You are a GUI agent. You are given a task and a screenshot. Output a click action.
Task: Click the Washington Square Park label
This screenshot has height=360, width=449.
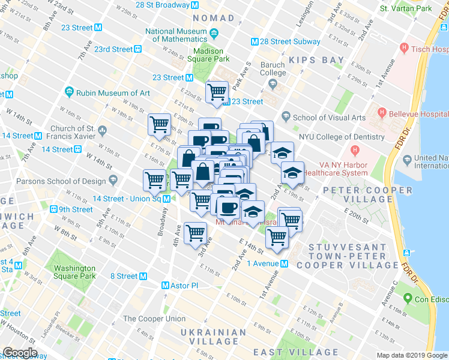(74, 272)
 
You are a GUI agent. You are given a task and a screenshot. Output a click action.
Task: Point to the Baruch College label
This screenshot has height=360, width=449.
(273, 69)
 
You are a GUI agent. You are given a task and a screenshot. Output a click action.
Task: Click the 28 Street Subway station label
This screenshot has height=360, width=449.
(286, 41)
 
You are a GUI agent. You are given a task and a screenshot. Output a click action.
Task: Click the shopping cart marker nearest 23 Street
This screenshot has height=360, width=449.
(217, 92)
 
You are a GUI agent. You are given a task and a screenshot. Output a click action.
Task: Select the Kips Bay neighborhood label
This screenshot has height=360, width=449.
(316, 60)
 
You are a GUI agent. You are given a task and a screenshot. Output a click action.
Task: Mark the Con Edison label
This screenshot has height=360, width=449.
(428, 298)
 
